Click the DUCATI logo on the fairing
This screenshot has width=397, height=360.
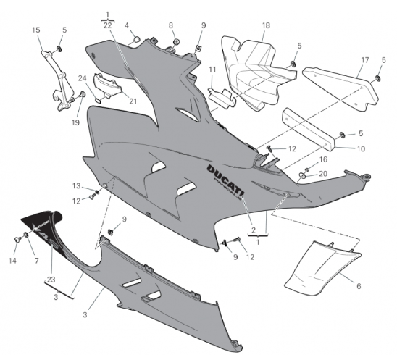point(225,181)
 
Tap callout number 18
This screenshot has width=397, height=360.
point(266,25)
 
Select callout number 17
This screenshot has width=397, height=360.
point(365,60)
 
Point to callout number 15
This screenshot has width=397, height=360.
point(36,30)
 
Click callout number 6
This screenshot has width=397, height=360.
point(359,286)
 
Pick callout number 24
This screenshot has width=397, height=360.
point(82,78)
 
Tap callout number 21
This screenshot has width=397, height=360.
point(133,101)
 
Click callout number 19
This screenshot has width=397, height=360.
point(75,122)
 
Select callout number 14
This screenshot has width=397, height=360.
point(12,261)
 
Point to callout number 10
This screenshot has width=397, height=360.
point(361,148)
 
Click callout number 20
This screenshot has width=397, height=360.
point(323,174)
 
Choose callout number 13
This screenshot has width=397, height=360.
point(76,186)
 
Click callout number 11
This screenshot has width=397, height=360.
point(212,70)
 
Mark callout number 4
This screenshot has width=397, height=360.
point(127,25)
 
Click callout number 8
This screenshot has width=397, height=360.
point(171,25)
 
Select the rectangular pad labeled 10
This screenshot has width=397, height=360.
point(309,130)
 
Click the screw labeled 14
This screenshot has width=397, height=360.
point(17,239)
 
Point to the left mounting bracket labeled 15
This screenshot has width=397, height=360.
point(58,80)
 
